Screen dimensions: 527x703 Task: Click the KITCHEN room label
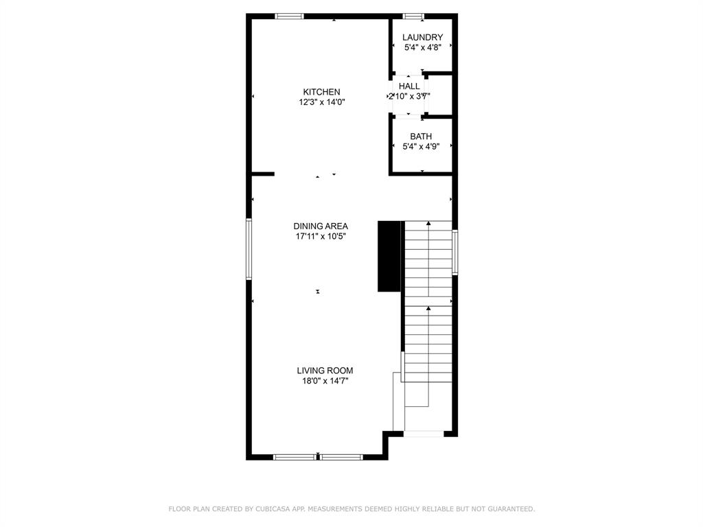pyautogui.click(x=321, y=92)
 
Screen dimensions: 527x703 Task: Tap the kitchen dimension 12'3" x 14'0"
pyautogui.click(x=321, y=102)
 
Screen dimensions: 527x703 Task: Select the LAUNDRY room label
pyautogui.click(x=422, y=37)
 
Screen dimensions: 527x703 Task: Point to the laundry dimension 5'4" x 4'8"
pyautogui.click(x=422, y=47)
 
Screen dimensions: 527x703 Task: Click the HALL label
pyautogui.click(x=409, y=86)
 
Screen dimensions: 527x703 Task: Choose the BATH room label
pyautogui.click(x=421, y=137)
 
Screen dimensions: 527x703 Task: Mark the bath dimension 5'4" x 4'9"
pyautogui.click(x=421, y=146)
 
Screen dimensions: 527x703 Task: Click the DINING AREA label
pyautogui.click(x=321, y=226)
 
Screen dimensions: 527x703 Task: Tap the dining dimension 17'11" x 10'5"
pyautogui.click(x=321, y=236)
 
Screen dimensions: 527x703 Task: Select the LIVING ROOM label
pyautogui.click(x=325, y=371)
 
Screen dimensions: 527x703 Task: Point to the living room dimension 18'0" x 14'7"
pyautogui.click(x=325, y=381)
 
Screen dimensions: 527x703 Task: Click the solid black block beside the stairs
pyautogui.click(x=389, y=256)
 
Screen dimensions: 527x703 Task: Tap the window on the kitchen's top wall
pyautogui.click(x=289, y=16)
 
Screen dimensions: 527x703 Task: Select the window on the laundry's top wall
pyautogui.click(x=413, y=16)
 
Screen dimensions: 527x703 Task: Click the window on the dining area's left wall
pyautogui.click(x=249, y=248)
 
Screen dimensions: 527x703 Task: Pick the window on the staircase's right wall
pyautogui.click(x=454, y=253)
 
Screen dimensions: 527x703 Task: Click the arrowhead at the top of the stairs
pyautogui.click(x=429, y=223)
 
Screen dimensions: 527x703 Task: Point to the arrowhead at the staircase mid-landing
pyautogui.click(x=429, y=308)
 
